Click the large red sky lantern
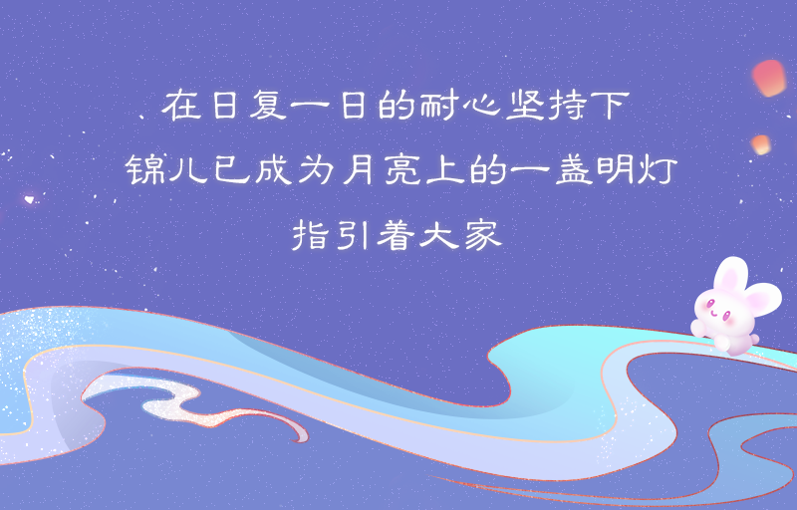(769, 78)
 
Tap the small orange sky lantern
(761, 144)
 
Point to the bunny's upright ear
(730, 273)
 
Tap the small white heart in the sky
(30, 199)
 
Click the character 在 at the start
(181, 106)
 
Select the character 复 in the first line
(267, 105)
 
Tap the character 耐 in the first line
(436, 105)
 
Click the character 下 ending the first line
(612, 106)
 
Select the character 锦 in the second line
(143, 169)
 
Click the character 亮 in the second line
(402, 169)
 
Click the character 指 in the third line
(310, 235)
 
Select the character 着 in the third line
(395, 235)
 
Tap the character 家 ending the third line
(483, 235)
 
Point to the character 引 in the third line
(353, 235)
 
